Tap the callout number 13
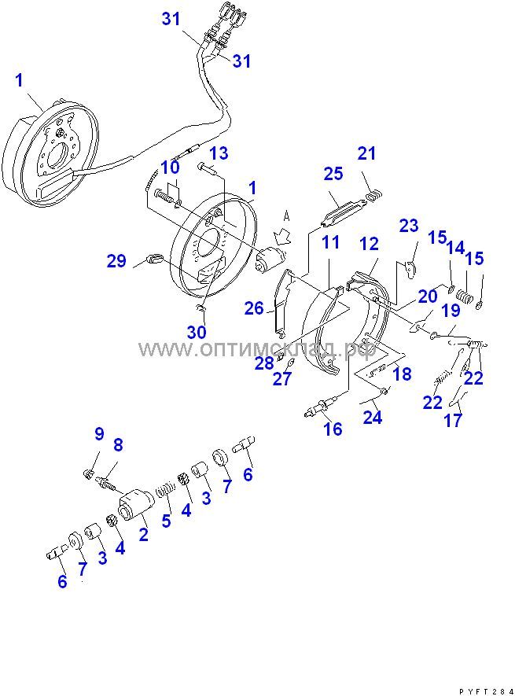coord(218,153)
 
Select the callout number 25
coord(333,173)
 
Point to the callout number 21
coord(367,153)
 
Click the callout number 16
coord(333,429)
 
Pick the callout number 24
coord(372,417)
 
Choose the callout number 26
coord(253,308)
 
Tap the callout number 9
coord(99,433)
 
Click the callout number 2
coord(144,534)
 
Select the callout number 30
coord(197,332)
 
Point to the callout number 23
coord(409,226)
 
